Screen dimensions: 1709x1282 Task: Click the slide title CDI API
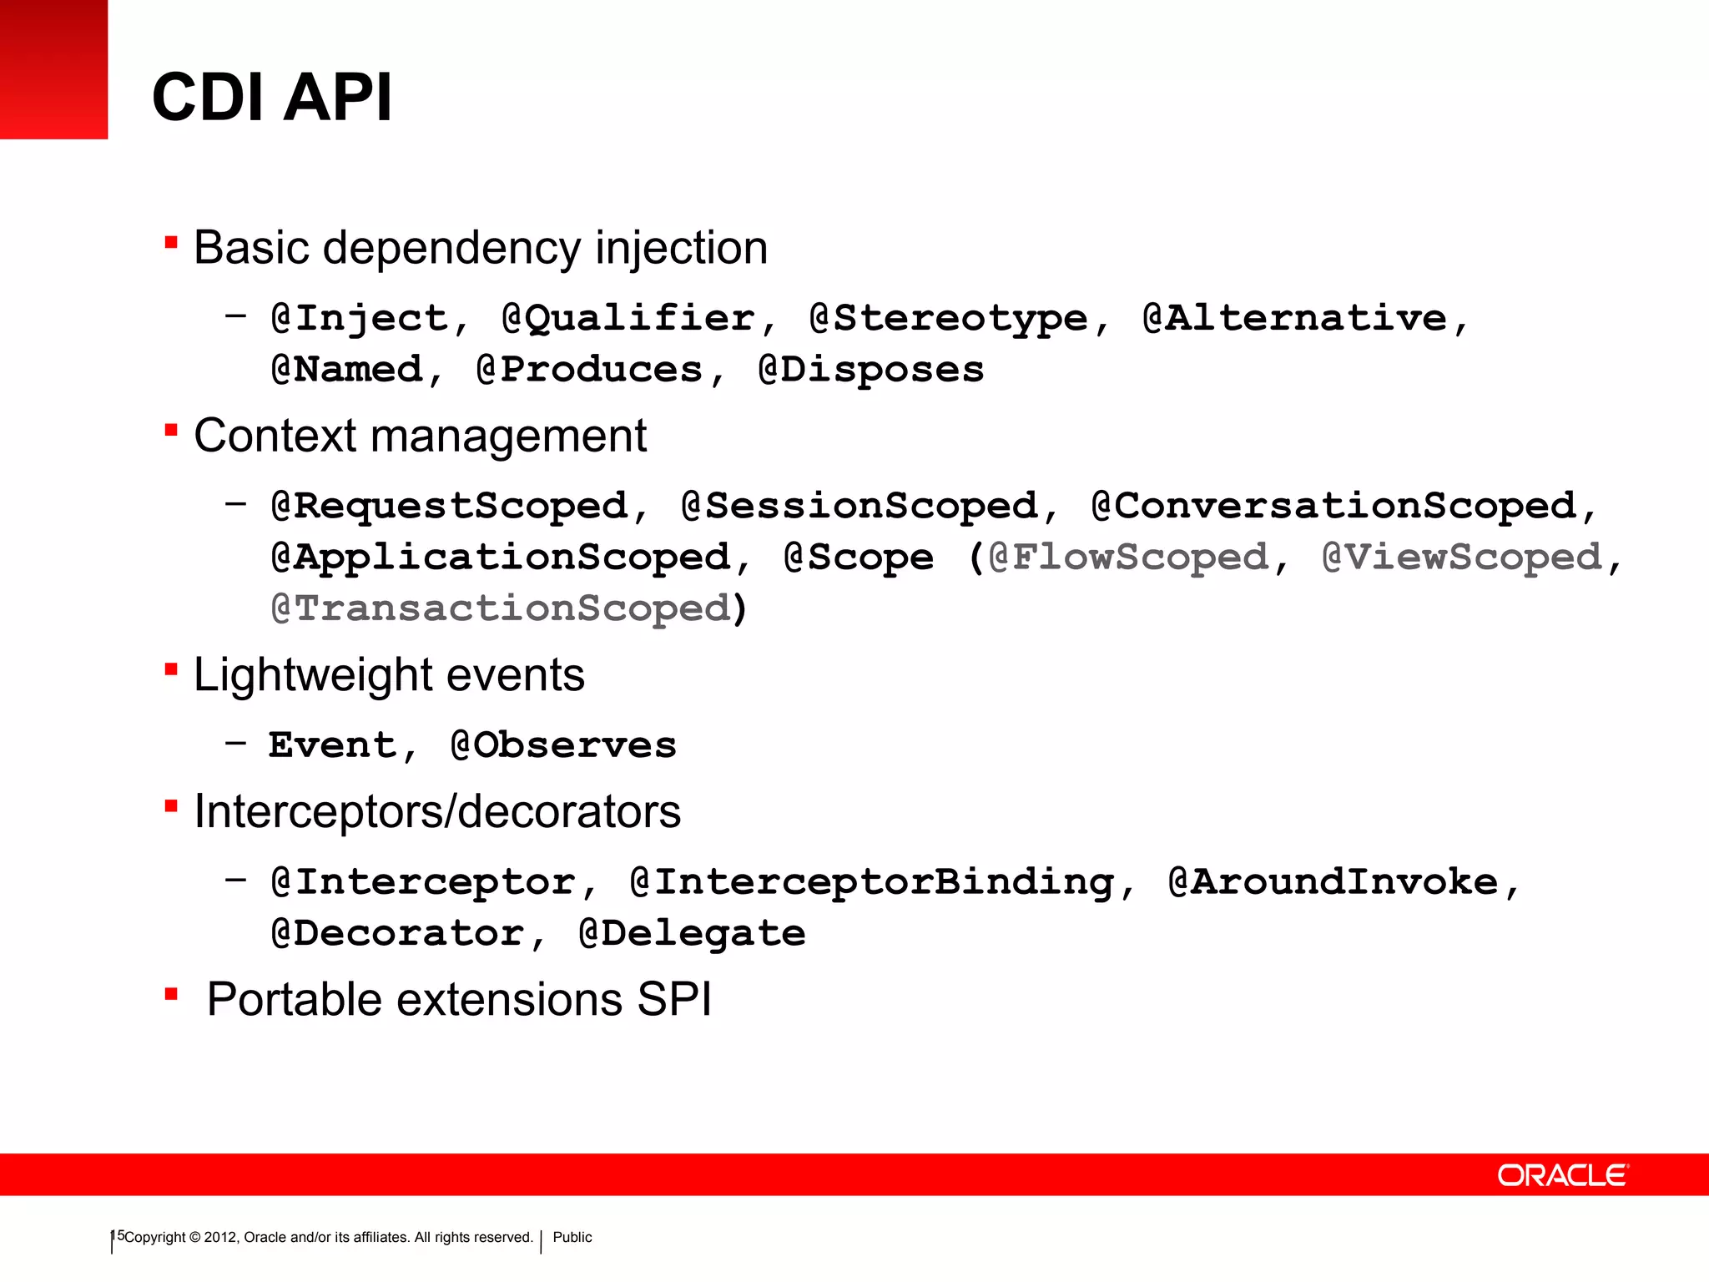(x=272, y=97)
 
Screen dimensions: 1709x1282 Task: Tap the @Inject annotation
(x=360, y=319)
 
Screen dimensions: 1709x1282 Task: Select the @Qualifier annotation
(x=628, y=319)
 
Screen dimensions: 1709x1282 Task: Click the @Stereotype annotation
(x=949, y=319)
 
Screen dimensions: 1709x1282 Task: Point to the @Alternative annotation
(x=1294, y=319)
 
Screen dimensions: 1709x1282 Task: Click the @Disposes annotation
(x=871, y=370)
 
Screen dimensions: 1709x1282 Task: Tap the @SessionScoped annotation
(x=860, y=507)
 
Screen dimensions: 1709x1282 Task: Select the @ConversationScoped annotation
(x=1333, y=507)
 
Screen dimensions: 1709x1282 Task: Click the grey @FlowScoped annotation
(x=1128, y=558)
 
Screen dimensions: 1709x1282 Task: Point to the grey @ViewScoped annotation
(x=1462, y=558)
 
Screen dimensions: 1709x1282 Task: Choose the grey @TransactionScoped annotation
(x=501, y=608)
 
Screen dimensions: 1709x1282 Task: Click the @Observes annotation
(x=563, y=745)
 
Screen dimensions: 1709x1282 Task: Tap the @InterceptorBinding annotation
(x=872, y=882)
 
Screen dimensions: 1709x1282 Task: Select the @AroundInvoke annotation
(x=1333, y=882)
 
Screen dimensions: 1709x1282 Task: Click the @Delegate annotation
(x=693, y=933)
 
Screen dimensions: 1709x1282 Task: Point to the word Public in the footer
(x=572, y=1237)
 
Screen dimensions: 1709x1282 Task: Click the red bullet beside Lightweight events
(x=171, y=669)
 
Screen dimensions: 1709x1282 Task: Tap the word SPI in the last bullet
(x=674, y=999)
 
